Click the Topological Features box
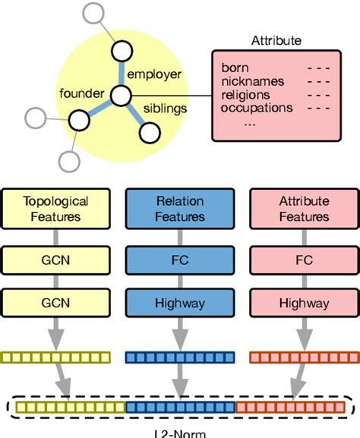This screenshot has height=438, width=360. (56, 209)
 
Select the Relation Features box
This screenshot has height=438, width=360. (180, 209)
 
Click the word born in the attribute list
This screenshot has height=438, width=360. (235, 68)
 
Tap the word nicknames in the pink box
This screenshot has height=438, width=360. (253, 81)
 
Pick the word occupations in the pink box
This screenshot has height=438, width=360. (256, 108)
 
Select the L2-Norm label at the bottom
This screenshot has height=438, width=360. (179, 433)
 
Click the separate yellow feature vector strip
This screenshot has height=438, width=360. (56, 357)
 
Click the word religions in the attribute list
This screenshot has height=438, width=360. (247, 94)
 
